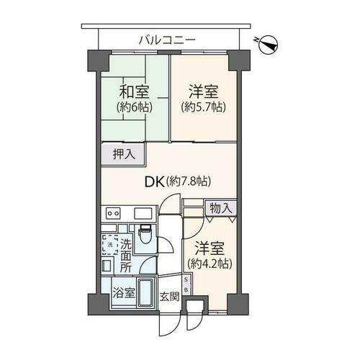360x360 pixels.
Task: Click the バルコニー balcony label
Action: click(168, 40)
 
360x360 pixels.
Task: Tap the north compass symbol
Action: click(267, 44)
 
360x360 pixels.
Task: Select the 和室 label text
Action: click(135, 92)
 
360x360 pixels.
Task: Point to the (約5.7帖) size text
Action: click(203, 107)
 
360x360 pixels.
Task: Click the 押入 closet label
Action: click(124, 154)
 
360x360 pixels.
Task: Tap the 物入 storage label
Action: click(221, 208)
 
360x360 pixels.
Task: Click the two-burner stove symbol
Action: click(113, 213)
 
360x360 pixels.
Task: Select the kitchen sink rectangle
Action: click(143, 213)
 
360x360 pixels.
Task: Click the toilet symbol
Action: click(145, 234)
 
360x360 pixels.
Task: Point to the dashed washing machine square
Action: click(110, 245)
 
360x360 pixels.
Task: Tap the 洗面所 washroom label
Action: click(126, 256)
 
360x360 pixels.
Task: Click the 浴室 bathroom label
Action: click(124, 292)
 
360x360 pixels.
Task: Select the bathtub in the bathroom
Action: click(146, 292)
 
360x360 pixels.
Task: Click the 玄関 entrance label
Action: click(170, 297)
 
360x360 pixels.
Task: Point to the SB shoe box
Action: click(186, 284)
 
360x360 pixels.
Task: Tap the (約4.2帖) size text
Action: click(210, 264)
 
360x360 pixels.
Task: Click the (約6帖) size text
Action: click(135, 107)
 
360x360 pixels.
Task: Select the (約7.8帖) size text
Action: click(189, 181)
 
